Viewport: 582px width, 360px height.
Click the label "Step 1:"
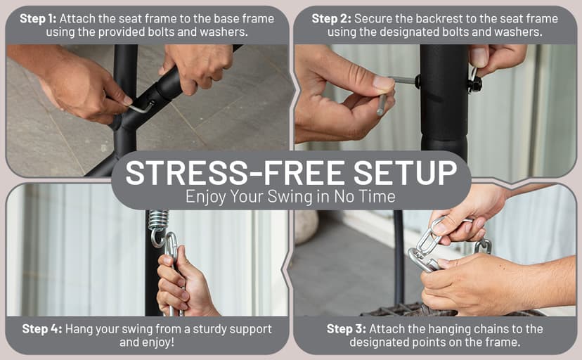(x=38, y=18)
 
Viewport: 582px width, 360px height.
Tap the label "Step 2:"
(x=332, y=18)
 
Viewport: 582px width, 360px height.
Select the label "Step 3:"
(x=347, y=329)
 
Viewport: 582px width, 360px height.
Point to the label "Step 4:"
(x=42, y=329)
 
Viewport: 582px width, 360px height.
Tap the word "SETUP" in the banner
(x=405, y=173)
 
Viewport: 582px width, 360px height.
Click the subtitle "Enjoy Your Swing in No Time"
(x=290, y=196)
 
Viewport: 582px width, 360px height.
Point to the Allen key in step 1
(x=141, y=108)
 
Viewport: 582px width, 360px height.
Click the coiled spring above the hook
(x=158, y=219)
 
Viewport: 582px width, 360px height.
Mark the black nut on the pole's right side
(x=474, y=85)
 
